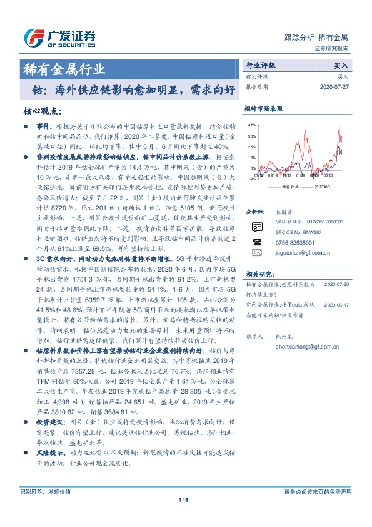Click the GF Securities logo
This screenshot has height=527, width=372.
[x=59, y=38]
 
